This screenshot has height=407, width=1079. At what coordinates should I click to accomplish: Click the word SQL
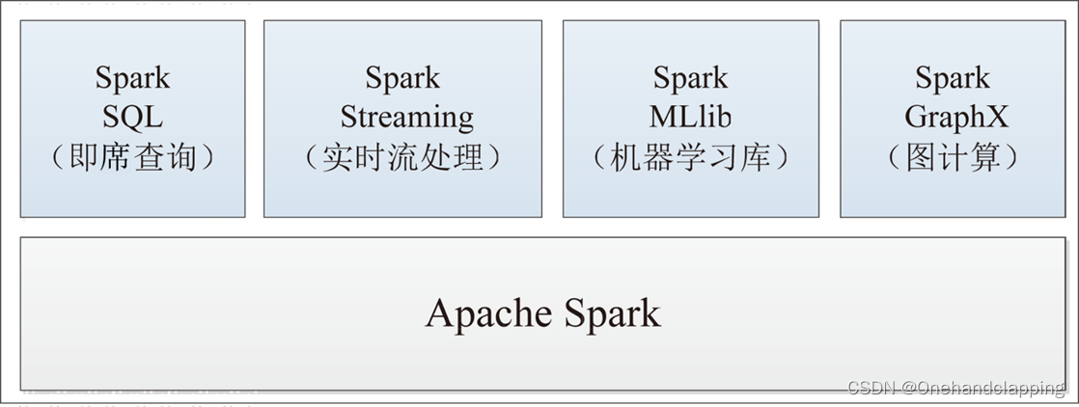pos(132,118)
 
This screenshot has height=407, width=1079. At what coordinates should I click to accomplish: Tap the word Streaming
pos(406,118)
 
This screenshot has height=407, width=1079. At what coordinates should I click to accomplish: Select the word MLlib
pos(690,118)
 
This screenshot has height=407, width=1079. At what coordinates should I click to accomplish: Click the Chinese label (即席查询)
pos(132,157)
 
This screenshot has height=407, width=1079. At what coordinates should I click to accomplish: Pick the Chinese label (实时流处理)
pos(402,157)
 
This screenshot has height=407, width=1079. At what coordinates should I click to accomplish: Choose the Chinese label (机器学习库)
pos(690,157)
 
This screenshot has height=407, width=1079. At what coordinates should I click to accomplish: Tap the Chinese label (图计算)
pos(953,157)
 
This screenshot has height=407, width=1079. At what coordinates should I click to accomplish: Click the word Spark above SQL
pos(132,78)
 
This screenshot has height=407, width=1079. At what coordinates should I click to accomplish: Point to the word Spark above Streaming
pos(402,78)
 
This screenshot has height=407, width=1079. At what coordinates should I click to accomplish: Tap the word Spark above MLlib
pos(690,78)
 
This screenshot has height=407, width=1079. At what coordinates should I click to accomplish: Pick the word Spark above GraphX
pos(953,78)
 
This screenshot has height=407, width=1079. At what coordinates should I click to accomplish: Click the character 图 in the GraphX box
pos(922,157)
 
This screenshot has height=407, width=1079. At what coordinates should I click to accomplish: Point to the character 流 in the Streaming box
pos(402,157)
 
